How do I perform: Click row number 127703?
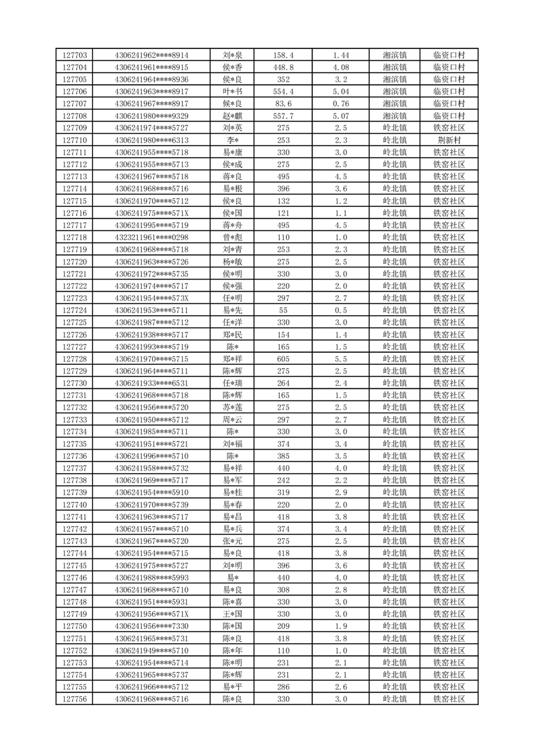tap(74, 55)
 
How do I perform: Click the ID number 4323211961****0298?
tap(151, 237)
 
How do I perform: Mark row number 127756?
tap(74, 699)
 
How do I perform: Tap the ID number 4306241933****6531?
tap(151, 383)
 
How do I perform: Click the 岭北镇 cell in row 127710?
tap(395, 140)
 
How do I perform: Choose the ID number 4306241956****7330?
tap(151, 626)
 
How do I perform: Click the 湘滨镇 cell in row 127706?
tap(395, 91)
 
